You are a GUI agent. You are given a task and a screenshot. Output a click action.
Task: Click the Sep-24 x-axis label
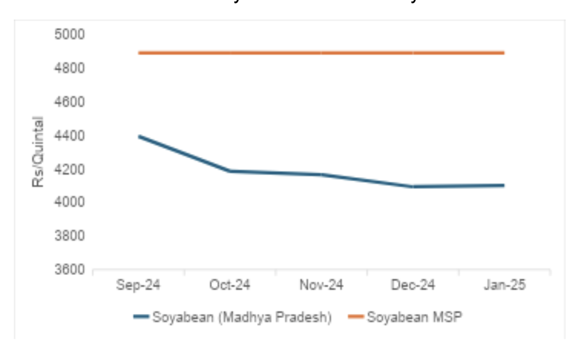138,285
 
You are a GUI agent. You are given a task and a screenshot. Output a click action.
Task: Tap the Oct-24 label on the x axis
230,285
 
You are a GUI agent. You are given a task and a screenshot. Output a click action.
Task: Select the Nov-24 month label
321,285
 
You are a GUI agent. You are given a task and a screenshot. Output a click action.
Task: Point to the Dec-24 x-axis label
413,285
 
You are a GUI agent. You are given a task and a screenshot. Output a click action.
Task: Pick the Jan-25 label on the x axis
505,285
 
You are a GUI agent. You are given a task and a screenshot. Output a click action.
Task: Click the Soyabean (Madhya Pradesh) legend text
241,317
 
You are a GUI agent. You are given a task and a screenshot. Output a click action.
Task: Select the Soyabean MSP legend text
414,317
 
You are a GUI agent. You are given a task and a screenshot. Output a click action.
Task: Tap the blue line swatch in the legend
141,317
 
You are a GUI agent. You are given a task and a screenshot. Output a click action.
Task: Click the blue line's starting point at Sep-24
139,136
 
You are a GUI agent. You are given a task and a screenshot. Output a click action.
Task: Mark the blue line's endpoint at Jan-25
504,185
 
